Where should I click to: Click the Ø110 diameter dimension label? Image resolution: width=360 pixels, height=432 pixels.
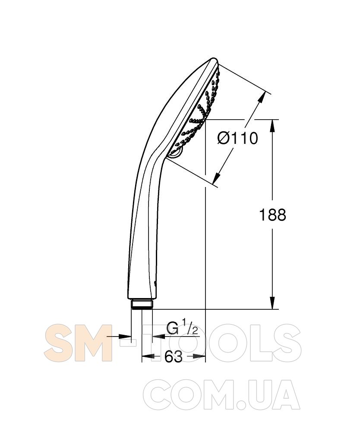(237, 138)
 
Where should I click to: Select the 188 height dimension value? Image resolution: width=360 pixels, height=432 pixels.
(273, 215)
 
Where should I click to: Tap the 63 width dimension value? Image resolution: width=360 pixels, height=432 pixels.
(174, 357)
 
